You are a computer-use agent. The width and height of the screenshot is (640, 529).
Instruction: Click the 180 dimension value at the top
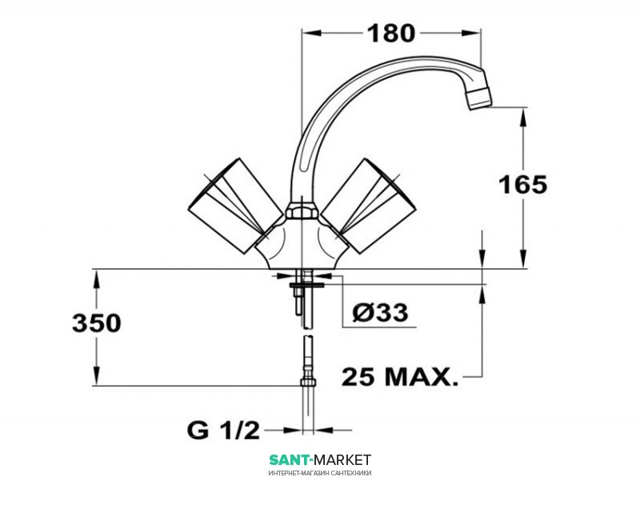[x=391, y=34]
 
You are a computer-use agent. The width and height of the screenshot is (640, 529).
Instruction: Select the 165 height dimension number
[x=523, y=184]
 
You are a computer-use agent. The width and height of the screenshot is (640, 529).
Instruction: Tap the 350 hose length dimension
[x=96, y=323]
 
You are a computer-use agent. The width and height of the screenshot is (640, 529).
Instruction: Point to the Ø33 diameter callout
[x=380, y=313]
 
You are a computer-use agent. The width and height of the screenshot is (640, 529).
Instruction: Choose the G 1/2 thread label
[x=223, y=431]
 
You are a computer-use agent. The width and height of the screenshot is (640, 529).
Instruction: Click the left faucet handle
[x=235, y=206]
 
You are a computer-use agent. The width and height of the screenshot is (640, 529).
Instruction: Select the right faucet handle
[x=370, y=206]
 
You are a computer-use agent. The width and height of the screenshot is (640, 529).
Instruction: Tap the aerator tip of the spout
[x=480, y=94]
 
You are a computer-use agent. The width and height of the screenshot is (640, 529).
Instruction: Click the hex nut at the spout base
[x=302, y=210]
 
